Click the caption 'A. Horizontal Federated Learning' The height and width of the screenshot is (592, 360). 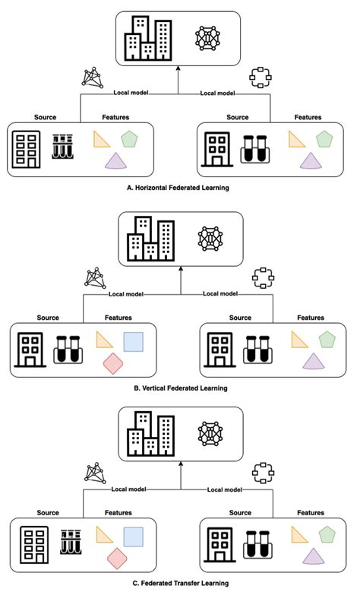[x=179, y=186]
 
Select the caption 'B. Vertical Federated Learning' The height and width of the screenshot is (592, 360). [x=179, y=388]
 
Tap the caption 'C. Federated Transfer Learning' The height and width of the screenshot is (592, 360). [x=179, y=583]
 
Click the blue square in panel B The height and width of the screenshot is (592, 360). [x=134, y=341]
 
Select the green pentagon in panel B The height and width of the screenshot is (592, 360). [x=327, y=339]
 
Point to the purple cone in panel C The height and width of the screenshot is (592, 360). [x=311, y=559]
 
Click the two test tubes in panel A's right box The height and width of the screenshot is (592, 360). [x=256, y=149]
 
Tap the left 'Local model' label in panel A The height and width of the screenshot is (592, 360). [x=130, y=93]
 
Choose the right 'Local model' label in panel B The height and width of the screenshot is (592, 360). [x=220, y=293]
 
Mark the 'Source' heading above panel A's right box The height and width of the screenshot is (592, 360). [x=238, y=117]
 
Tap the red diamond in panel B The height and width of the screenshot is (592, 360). [x=114, y=363]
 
